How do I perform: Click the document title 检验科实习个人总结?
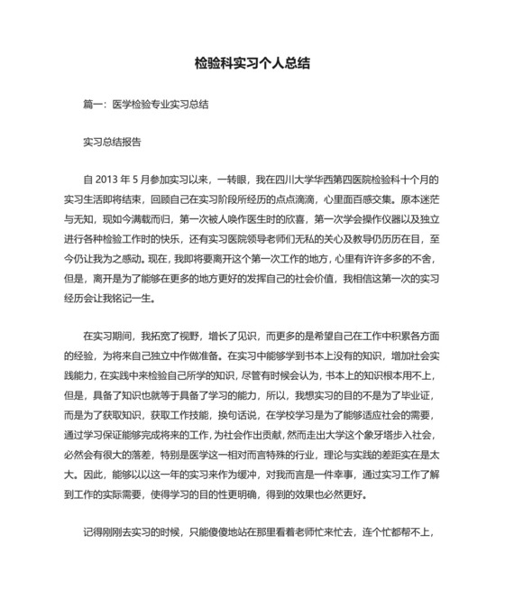tap(253, 64)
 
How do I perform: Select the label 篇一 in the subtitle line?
tap(92, 105)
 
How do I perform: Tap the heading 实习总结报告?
tap(112, 143)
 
